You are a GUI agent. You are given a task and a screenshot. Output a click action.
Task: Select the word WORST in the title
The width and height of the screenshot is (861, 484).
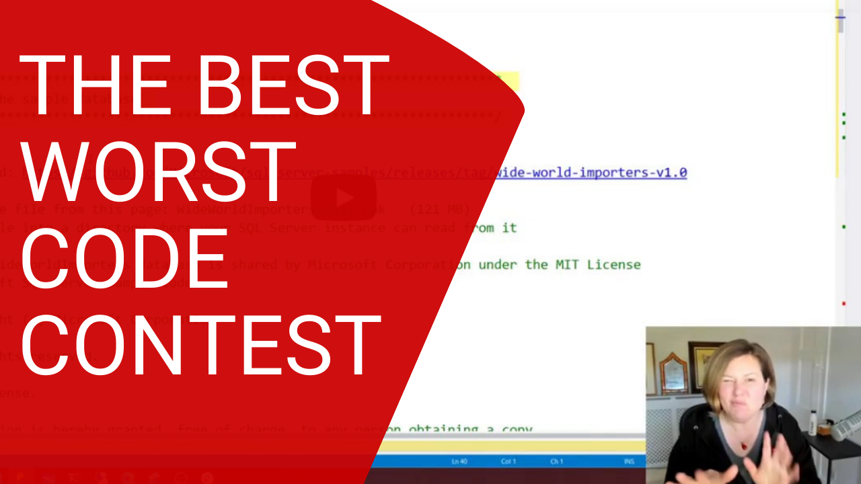[x=158, y=173]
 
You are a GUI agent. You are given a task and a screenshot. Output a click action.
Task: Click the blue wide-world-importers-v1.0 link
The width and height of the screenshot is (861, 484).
[x=591, y=173]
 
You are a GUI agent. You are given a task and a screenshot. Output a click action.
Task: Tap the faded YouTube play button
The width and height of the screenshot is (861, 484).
[x=344, y=198]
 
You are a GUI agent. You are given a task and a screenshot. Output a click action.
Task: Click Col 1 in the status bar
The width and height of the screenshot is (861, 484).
[x=509, y=462]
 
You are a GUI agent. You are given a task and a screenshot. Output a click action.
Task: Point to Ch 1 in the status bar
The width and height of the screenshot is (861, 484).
[x=556, y=462]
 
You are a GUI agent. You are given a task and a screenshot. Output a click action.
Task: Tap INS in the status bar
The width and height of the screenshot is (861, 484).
[x=629, y=462]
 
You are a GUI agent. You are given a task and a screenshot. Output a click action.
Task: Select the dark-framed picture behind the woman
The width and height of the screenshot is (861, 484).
[x=704, y=366]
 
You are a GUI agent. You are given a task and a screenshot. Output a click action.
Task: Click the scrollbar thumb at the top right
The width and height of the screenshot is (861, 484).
[x=840, y=22]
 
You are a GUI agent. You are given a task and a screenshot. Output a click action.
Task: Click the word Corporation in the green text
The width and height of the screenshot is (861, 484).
[x=428, y=264]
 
